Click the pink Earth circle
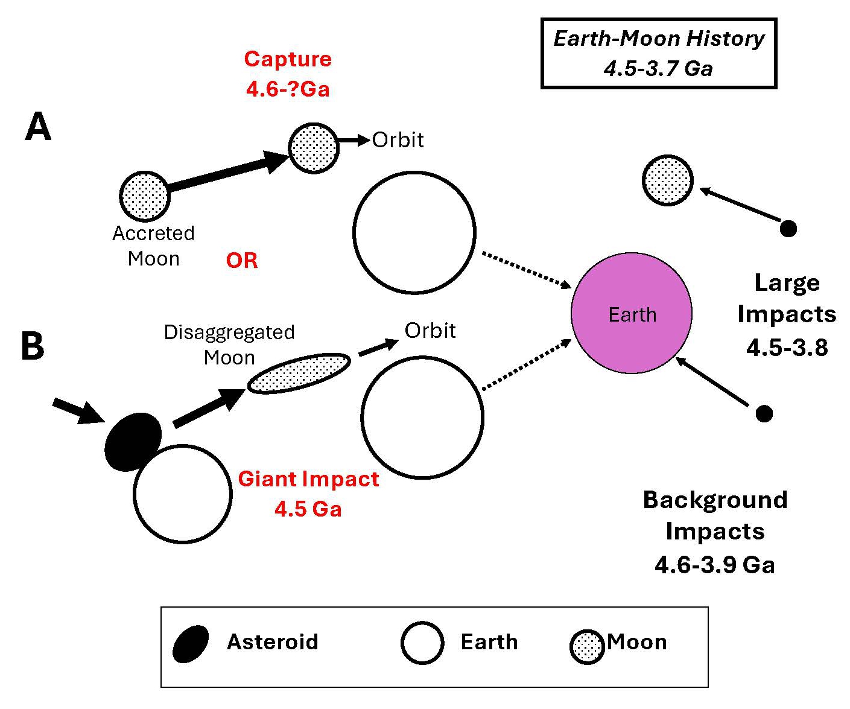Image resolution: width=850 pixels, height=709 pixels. click(x=631, y=313)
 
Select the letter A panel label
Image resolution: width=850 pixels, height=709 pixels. click(x=38, y=128)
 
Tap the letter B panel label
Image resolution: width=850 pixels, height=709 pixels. click(x=33, y=346)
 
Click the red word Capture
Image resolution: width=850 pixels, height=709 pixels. click(x=288, y=59)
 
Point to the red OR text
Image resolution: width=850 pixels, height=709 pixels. click(x=242, y=261)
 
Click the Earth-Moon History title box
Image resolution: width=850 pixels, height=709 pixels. click(x=658, y=53)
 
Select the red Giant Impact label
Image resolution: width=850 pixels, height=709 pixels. click(x=308, y=479)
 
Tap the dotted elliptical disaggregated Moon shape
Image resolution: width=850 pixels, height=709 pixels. click(x=299, y=374)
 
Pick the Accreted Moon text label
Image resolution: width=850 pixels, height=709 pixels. click(x=154, y=246)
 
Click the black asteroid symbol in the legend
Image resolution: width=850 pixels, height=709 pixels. click(x=191, y=644)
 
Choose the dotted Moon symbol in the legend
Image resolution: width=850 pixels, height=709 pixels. click(x=587, y=647)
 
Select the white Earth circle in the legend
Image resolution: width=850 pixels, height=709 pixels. click(x=422, y=643)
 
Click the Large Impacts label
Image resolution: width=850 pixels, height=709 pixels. click(x=787, y=314)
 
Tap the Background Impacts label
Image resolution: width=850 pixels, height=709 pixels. click(x=715, y=532)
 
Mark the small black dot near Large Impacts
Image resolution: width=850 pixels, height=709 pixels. click(x=788, y=229)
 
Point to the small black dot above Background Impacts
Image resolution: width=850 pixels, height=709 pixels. click(x=764, y=413)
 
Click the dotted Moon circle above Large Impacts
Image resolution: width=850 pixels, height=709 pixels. click(x=667, y=180)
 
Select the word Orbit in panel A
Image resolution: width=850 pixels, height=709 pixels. click(x=398, y=140)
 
